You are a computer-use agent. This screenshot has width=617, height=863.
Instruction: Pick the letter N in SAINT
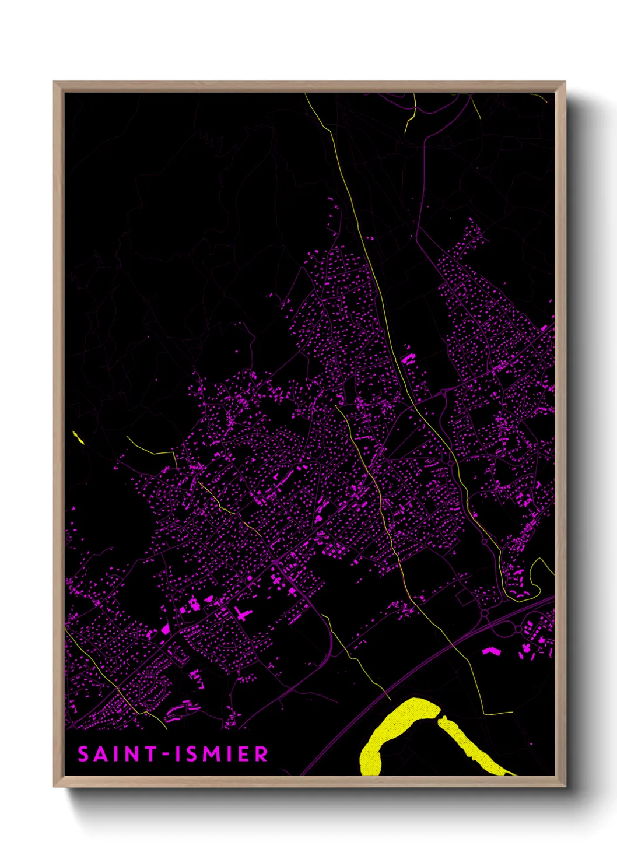click(x=132, y=754)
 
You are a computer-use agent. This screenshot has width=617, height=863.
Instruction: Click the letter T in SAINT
click(x=150, y=754)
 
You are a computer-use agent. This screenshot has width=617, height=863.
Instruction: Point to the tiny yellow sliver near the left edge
click(x=78, y=437)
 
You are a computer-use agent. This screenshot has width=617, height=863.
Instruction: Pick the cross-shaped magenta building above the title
click(x=241, y=613)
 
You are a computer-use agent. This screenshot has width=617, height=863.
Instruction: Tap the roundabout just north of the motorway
click(x=484, y=613)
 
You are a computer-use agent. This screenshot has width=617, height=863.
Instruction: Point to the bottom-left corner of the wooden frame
click(x=55, y=785)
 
